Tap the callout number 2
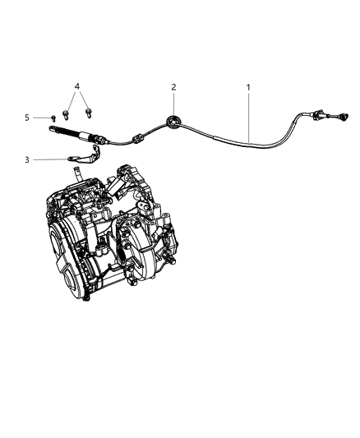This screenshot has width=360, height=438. pyautogui.click(x=173, y=86)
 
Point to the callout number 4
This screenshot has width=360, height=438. pyautogui.click(x=76, y=86)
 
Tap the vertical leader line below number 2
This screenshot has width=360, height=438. pyautogui.click(x=173, y=104)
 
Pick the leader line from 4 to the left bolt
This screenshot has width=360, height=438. pyautogui.click(x=74, y=98)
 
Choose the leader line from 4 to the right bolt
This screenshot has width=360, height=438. pyautogui.click(x=83, y=98)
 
